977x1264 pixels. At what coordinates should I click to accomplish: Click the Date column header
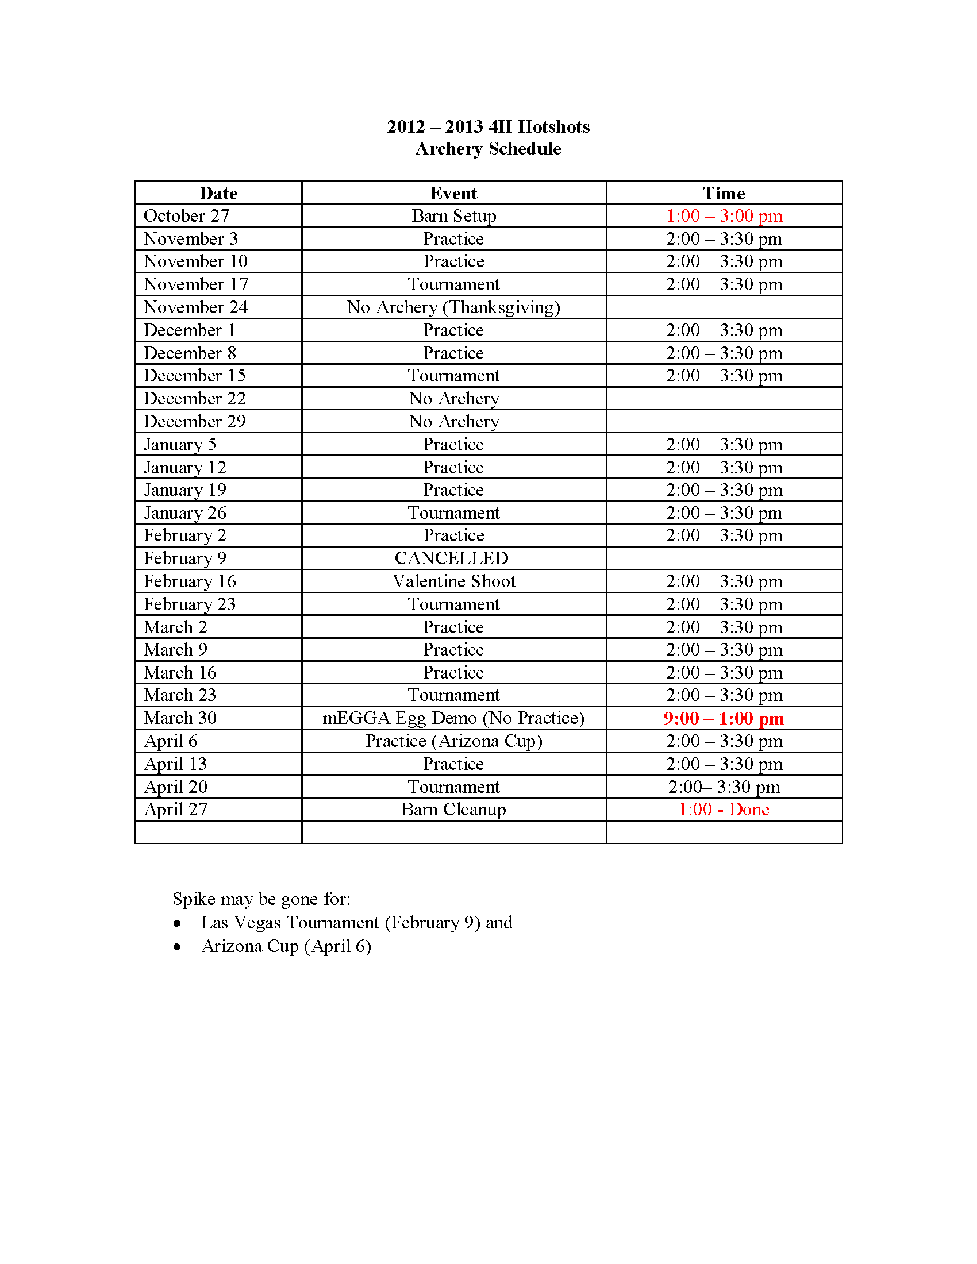click(x=218, y=193)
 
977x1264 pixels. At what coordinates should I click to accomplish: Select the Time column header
click(x=724, y=193)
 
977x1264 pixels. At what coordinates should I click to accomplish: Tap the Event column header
click(x=453, y=193)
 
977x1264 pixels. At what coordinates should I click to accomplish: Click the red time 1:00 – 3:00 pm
click(x=724, y=216)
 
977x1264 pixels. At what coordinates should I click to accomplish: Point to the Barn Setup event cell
click(x=453, y=216)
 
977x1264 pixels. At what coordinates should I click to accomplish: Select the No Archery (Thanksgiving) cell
click(x=453, y=307)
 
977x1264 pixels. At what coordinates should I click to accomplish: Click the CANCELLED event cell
click(x=452, y=558)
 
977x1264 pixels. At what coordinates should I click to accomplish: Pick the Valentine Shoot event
click(x=453, y=581)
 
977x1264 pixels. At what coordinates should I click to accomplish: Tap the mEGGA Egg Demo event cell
click(x=453, y=718)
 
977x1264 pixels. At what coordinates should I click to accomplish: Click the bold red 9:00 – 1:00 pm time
click(x=724, y=718)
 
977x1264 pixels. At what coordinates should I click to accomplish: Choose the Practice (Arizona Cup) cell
click(x=453, y=741)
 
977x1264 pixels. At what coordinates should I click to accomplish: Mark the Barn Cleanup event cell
click(x=453, y=810)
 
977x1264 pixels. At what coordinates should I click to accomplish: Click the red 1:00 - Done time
click(x=724, y=810)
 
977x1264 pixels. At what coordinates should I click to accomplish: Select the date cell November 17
click(x=195, y=284)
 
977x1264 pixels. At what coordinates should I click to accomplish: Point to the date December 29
click(x=194, y=422)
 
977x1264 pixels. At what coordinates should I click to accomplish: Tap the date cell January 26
click(x=184, y=513)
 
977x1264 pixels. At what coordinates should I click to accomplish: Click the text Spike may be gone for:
click(x=261, y=899)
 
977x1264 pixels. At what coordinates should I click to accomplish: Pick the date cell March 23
click(x=180, y=695)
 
